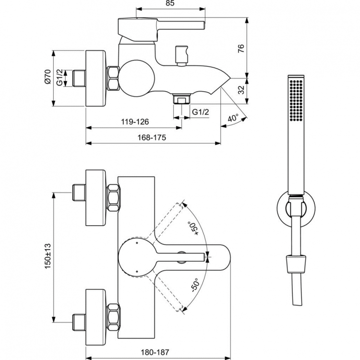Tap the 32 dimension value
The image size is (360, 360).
click(x=241, y=89)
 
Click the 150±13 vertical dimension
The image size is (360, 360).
click(x=48, y=257)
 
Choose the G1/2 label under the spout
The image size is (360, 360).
click(x=200, y=112)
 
